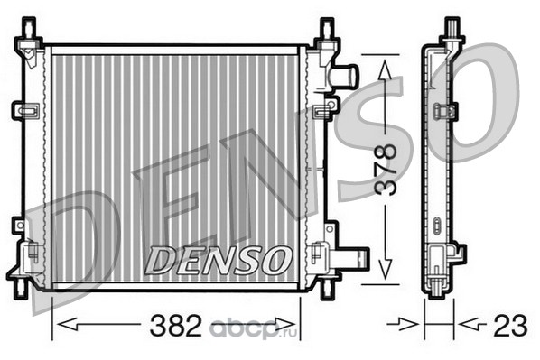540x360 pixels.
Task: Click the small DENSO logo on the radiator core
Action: (x=218, y=260)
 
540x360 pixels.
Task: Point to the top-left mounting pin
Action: (x=29, y=30)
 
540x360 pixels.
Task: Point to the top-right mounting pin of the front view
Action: (x=327, y=30)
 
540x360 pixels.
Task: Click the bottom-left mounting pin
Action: (x=22, y=288)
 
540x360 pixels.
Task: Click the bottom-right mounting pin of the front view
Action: (x=328, y=288)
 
